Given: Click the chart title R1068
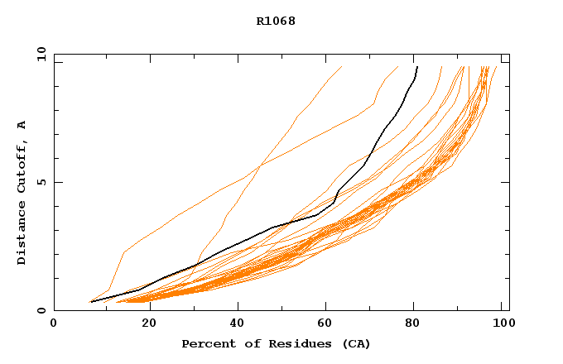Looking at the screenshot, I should (276, 21).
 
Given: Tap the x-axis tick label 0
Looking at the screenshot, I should (54, 323).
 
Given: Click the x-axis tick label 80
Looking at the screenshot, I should (412, 323).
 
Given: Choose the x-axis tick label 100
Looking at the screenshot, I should (501, 323).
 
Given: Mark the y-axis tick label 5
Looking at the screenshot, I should (41, 182).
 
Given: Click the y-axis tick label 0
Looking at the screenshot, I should (41, 310).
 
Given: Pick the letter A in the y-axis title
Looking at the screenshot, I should (22, 125).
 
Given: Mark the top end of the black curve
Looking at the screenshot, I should (417, 67).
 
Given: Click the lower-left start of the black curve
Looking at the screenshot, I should (91, 302).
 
